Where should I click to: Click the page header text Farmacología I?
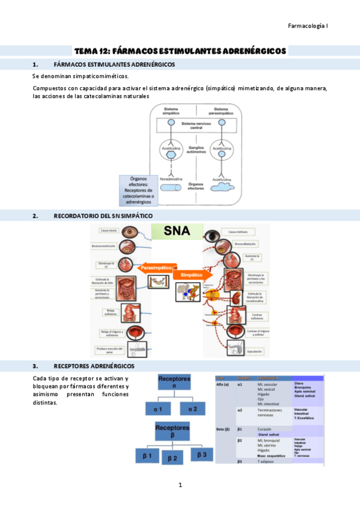click(308, 26)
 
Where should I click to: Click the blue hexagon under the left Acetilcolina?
click(171, 153)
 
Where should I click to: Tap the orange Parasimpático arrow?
click(156, 268)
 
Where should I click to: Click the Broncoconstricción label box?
click(105, 246)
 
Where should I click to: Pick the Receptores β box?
click(173, 431)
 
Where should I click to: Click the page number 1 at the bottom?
click(180, 485)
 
